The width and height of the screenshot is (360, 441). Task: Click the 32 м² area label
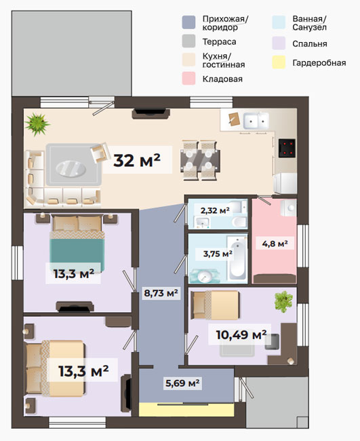[x=137, y=160]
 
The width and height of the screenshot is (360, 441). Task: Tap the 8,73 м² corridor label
[x=161, y=293]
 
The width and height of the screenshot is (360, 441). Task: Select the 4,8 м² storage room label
[x=275, y=244]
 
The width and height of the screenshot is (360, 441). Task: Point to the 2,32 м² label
[x=215, y=210]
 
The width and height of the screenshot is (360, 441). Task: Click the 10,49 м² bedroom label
[x=241, y=334]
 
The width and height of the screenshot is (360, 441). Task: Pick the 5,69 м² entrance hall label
[x=182, y=383]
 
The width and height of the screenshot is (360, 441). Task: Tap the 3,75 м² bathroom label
[x=218, y=254]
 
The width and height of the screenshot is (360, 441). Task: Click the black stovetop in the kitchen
[x=287, y=148]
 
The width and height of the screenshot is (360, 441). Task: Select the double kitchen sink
[x=256, y=121]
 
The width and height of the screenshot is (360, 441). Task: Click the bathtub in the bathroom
[x=237, y=258]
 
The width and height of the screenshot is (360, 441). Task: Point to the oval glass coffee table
[x=71, y=169]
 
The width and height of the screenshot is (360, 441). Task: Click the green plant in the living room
[x=37, y=124]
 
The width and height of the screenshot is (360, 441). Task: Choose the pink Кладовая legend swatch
[x=188, y=78]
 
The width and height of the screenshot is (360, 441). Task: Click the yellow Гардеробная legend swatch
[x=279, y=62]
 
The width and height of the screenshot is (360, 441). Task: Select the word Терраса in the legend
[x=219, y=42]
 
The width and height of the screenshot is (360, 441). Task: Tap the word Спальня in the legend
[x=310, y=44]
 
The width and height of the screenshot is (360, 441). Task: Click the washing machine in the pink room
[x=289, y=208]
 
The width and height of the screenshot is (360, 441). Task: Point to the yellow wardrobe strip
[x=186, y=410]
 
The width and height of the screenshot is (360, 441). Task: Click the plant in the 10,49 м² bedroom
[x=283, y=301]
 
